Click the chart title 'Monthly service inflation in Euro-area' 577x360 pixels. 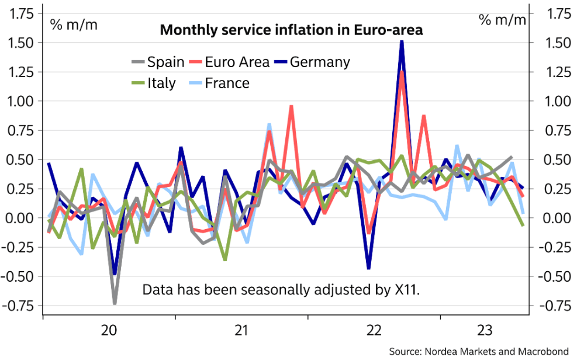[x=291, y=30]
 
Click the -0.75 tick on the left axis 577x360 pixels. [x=20, y=306]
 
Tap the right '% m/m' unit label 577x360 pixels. [x=503, y=20]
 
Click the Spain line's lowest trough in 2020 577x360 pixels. [x=115, y=303]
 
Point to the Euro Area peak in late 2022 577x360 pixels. [x=402, y=72]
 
